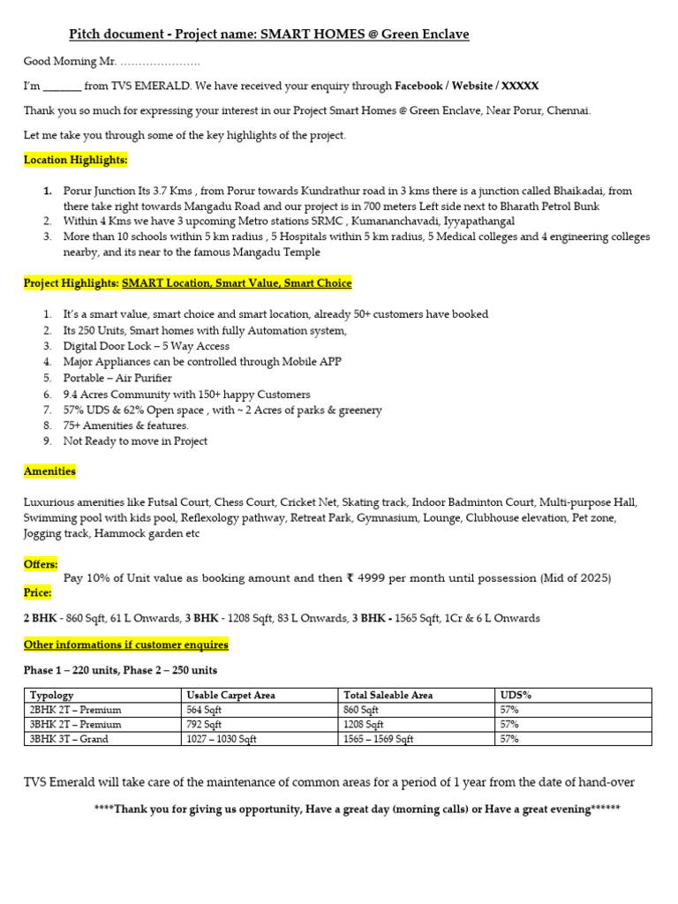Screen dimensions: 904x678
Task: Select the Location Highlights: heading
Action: point(75,160)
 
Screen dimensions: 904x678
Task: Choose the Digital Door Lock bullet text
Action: point(146,346)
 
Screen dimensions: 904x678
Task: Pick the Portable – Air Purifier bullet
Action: point(117,378)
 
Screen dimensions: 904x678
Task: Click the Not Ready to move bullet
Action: point(135,441)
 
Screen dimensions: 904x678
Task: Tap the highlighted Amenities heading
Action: point(49,471)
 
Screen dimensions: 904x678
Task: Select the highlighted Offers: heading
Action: point(41,563)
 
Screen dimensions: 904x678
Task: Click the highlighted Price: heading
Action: point(38,592)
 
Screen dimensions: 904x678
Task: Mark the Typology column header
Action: point(52,696)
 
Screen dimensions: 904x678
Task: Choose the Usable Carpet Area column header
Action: point(230,696)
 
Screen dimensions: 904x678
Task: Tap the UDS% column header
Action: point(515,696)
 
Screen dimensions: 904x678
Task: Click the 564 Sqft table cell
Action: point(204,710)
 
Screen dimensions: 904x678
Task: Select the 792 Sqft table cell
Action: point(204,724)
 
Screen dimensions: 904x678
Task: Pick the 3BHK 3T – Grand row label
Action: point(69,739)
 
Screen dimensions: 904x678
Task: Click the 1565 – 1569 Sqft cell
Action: point(378,739)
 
